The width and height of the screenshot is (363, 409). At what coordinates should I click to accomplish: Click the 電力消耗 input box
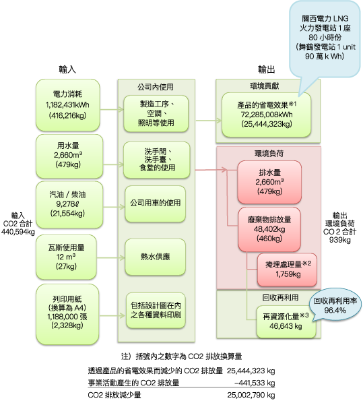pos(68,105)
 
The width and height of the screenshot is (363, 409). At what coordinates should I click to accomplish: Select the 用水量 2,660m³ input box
pos(69,156)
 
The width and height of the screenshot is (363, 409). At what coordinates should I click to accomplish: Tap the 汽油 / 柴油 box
pos(69,205)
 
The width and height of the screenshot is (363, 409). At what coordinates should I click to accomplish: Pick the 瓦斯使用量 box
pos(66,257)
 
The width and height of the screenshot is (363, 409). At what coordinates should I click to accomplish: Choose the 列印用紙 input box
pos(67,314)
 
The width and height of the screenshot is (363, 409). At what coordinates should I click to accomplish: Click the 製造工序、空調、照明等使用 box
pos(156,113)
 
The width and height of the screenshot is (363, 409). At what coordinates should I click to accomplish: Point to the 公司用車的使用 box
pos(156,203)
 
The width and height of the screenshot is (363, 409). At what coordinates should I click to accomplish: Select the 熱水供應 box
pos(156,257)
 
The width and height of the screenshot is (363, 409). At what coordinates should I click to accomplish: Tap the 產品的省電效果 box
pos(266,115)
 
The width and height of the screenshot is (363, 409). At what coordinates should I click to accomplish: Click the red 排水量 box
pos(269,182)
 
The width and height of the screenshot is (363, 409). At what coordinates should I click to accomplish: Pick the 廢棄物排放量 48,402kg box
pos(269,229)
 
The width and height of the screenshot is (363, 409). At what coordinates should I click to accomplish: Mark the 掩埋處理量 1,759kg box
pos(287,270)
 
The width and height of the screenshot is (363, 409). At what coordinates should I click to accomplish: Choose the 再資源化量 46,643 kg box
pos(286,322)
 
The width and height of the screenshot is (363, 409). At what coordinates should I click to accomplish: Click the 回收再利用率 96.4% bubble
pos(335,305)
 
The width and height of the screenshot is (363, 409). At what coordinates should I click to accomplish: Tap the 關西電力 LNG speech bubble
pos(325,39)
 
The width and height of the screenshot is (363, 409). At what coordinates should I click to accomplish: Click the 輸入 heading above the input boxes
pos(67,69)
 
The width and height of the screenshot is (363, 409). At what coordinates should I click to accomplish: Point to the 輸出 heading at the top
pos(267,69)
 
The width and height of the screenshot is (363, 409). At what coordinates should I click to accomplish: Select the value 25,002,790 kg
pos(251,395)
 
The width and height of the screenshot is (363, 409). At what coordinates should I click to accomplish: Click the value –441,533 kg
pos(255,383)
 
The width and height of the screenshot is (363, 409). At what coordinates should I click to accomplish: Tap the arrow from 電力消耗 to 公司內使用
pos(112,109)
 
